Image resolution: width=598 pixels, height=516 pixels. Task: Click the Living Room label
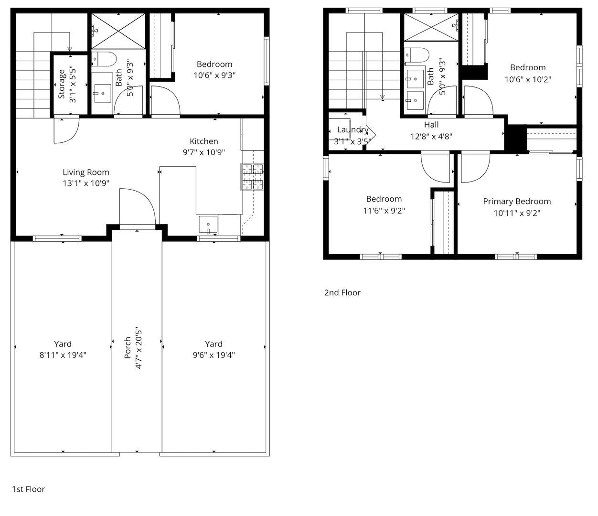(x=86, y=172)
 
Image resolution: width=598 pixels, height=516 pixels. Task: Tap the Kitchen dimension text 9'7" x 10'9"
(x=203, y=152)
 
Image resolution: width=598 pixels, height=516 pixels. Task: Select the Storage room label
(x=61, y=84)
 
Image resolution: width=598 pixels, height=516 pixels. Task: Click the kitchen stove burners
(x=252, y=177)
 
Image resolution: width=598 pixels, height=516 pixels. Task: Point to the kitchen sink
(x=208, y=224)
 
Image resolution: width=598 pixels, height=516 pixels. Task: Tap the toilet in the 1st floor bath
(x=104, y=59)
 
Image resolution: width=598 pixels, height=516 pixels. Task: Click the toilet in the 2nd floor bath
(x=416, y=55)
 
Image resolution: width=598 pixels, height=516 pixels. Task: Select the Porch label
(x=128, y=348)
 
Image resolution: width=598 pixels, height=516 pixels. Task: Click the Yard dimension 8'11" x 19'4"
(x=63, y=355)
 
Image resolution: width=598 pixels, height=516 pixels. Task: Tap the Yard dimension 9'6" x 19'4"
(x=214, y=355)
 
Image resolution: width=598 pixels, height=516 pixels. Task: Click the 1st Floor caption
(x=28, y=489)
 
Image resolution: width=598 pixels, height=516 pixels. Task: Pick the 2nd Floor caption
(x=342, y=292)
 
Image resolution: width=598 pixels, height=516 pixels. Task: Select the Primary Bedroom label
(x=517, y=202)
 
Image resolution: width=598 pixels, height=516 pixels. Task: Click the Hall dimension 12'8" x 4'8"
(x=431, y=136)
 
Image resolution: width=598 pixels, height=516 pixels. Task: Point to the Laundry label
(x=352, y=129)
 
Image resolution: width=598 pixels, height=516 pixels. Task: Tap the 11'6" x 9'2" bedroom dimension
(x=384, y=211)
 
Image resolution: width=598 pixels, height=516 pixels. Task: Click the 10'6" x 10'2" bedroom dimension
(x=528, y=79)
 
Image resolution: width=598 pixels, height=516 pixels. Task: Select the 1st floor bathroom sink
(x=103, y=93)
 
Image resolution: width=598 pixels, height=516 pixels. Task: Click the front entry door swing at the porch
(x=138, y=206)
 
